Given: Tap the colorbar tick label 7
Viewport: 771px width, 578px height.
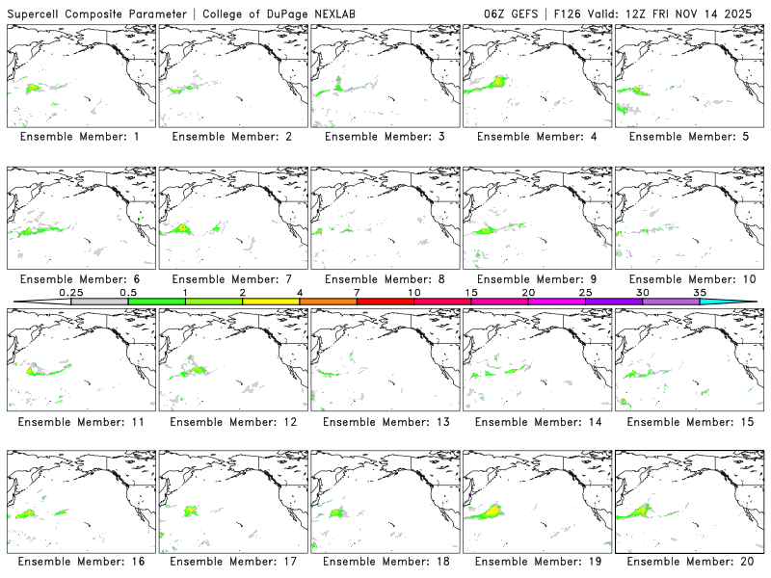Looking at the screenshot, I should coord(357,292).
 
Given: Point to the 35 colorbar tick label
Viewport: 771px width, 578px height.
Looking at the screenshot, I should coord(700,292).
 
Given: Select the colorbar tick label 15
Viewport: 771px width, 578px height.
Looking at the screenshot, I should coord(471,292).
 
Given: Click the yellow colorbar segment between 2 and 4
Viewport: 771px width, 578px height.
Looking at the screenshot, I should coord(271,302).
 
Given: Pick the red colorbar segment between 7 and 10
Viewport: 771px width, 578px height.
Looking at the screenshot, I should coord(385,302).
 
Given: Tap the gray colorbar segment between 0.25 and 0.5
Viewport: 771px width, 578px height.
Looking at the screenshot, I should coord(99,302).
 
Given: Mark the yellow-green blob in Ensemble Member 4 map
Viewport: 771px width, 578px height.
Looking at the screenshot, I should coord(497,83).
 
